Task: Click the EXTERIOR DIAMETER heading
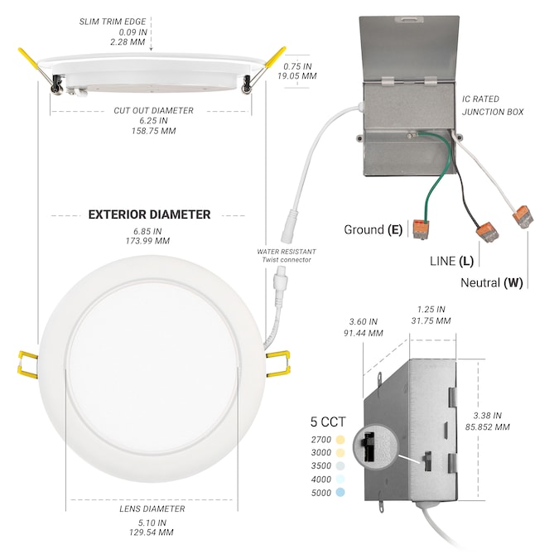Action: pyautogui.click(x=149, y=214)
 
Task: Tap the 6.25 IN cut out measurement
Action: pyautogui.click(x=153, y=121)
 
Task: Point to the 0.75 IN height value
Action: pyautogui.click(x=297, y=65)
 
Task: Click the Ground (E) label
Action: pyautogui.click(x=373, y=229)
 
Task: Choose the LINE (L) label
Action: pyautogui.click(x=451, y=261)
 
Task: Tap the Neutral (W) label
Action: pyautogui.click(x=492, y=282)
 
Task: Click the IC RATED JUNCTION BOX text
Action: pyautogui.click(x=493, y=104)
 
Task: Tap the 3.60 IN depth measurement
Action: pyautogui.click(x=364, y=321)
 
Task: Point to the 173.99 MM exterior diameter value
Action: pyautogui.click(x=149, y=241)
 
